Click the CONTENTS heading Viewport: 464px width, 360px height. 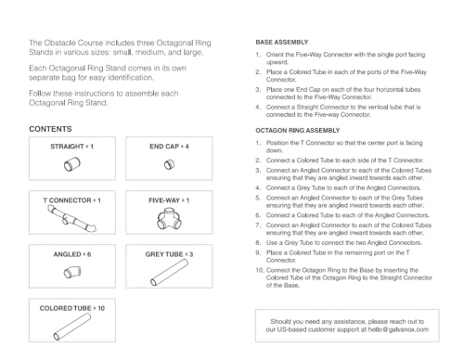tap(51, 128)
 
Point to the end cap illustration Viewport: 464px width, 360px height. tap(169, 165)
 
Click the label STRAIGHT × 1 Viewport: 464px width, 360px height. tap(71, 147)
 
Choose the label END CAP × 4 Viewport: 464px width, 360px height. tap(169, 147)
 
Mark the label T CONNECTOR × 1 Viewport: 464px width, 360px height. tap(71, 200)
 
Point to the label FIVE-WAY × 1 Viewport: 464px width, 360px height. tap(169, 200)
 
